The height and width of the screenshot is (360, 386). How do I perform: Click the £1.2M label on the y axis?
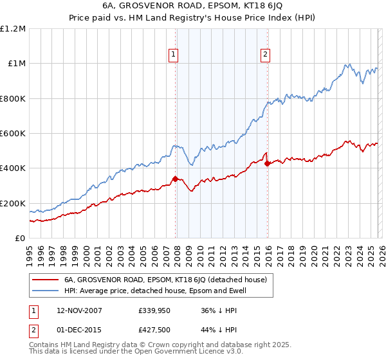click(x=13, y=29)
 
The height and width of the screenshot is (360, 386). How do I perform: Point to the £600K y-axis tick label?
click(x=13, y=134)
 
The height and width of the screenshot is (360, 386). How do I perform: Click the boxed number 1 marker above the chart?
click(x=174, y=55)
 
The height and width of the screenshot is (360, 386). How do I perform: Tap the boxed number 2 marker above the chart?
click(x=265, y=55)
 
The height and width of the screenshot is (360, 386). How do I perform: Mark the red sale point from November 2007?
click(x=175, y=179)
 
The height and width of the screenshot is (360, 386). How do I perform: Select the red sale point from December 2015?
click(x=267, y=163)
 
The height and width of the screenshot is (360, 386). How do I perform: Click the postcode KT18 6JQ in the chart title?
click(x=259, y=8)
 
